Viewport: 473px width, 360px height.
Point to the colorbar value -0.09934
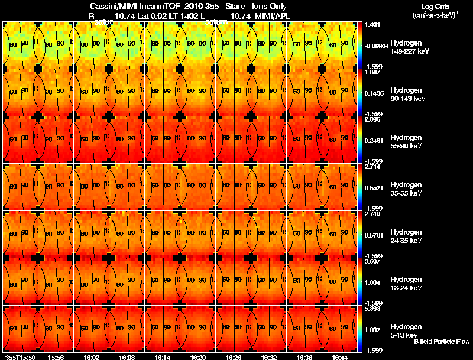(x=376, y=46)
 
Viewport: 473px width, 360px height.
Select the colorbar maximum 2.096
(x=372, y=119)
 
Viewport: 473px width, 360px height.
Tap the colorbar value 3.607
(x=372, y=261)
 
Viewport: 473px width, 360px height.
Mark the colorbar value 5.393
(x=372, y=309)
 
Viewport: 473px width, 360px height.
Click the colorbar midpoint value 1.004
(x=372, y=282)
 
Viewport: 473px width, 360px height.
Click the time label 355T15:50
(x=20, y=357)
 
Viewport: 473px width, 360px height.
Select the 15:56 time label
(x=56, y=357)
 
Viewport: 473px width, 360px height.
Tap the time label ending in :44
(x=340, y=357)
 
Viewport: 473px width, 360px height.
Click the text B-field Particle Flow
(x=442, y=342)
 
